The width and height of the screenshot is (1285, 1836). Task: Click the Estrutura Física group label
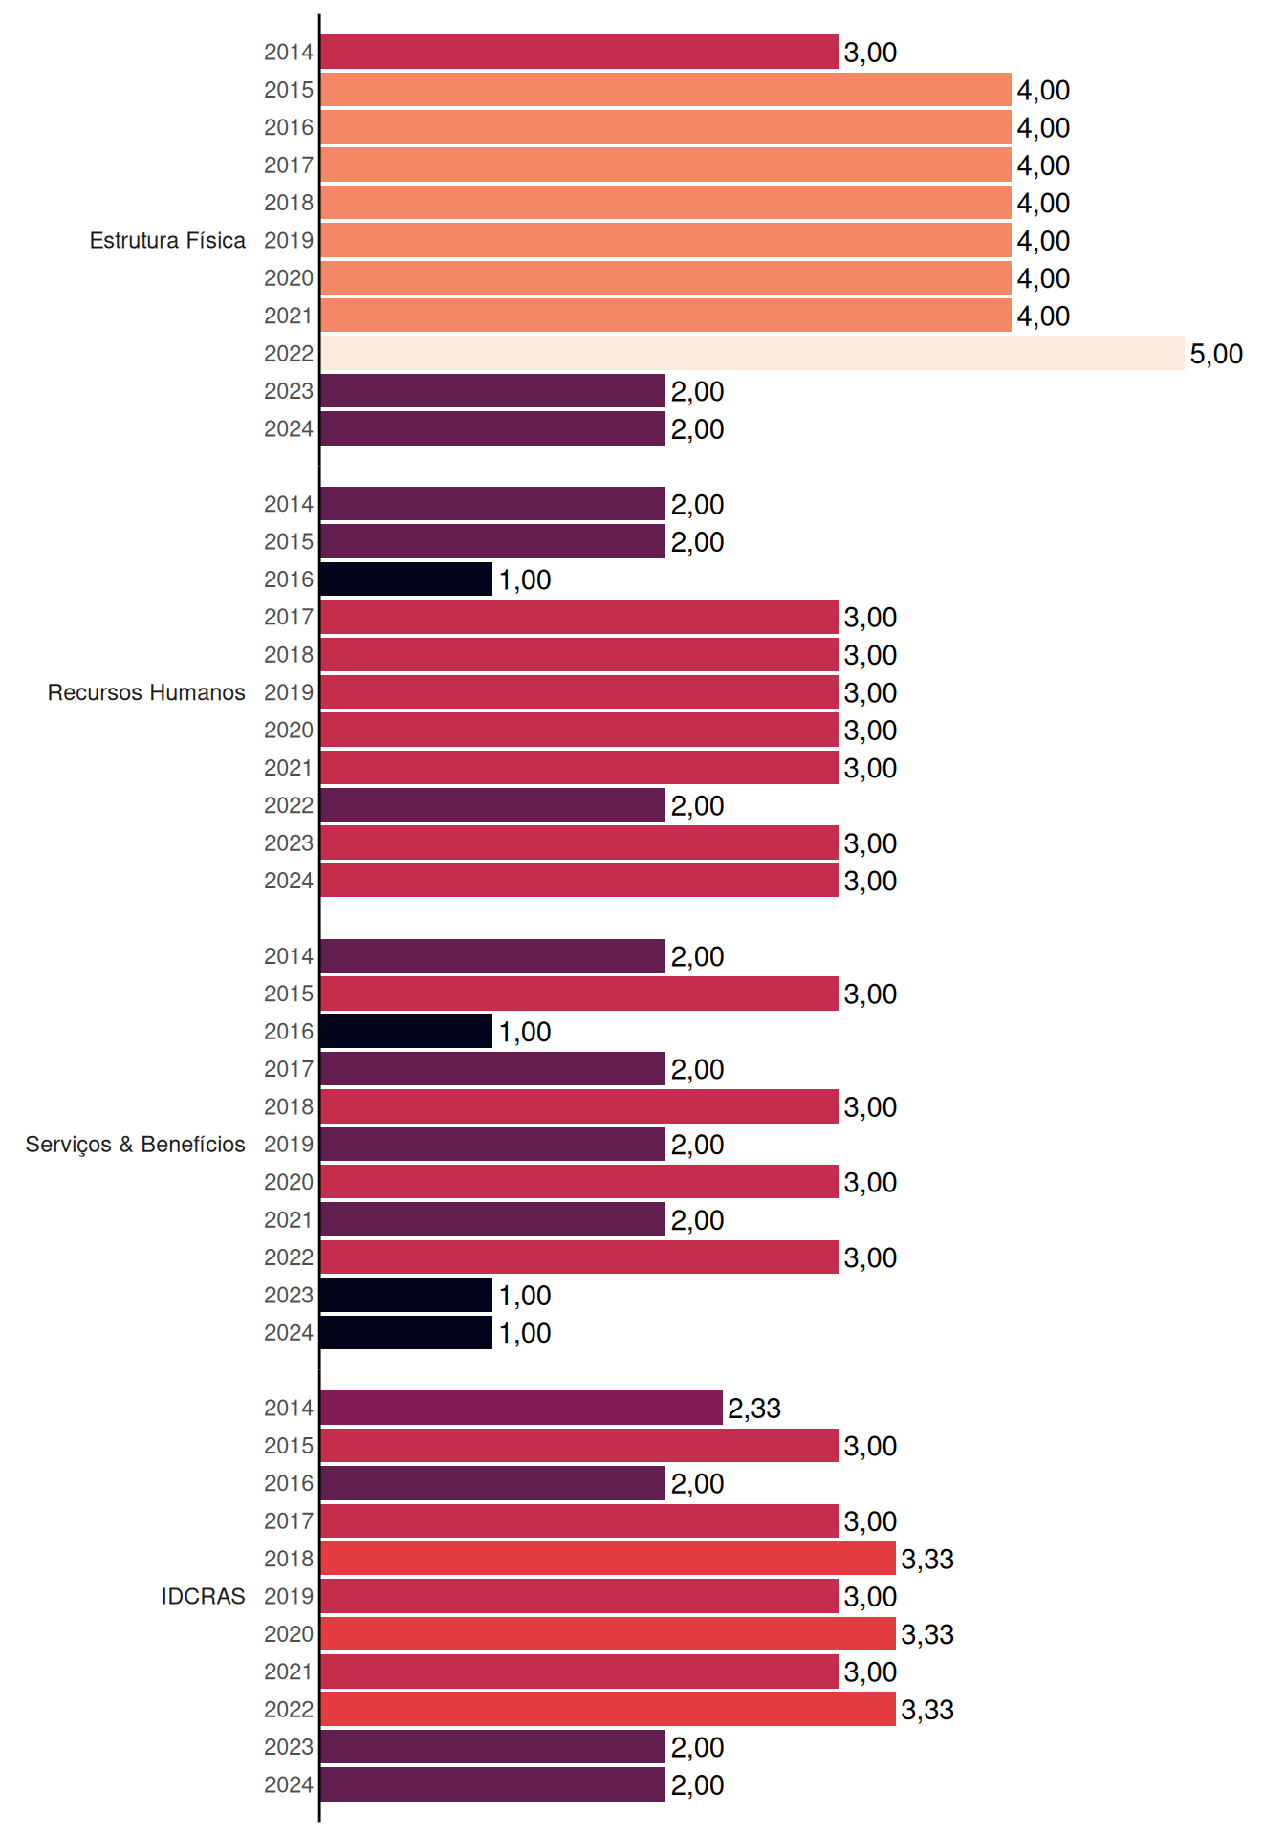[x=167, y=240]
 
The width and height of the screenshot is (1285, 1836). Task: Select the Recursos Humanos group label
[x=146, y=692]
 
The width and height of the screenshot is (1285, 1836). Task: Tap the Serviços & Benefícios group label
[x=135, y=1145]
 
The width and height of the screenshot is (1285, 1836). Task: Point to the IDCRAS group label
[x=203, y=1596]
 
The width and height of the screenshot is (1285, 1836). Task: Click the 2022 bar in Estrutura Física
[x=752, y=353]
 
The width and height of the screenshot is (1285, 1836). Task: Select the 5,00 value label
[x=1216, y=354]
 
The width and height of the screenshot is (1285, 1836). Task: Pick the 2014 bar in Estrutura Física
[x=579, y=52]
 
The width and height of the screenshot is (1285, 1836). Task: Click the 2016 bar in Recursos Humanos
[x=406, y=579]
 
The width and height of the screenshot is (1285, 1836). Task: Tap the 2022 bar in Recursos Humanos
[x=493, y=805]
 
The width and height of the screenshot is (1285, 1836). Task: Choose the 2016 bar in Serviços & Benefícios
[x=406, y=1031]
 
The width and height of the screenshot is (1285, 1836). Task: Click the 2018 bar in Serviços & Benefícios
[x=579, y=1106]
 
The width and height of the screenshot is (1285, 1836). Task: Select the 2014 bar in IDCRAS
[x=522, y=1408]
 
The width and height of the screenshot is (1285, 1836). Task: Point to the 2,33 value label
[x=754, y=1409]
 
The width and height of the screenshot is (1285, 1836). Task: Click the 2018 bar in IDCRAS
[x=608, y=1559]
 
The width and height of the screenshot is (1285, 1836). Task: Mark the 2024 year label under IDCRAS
[x=289, y=1784]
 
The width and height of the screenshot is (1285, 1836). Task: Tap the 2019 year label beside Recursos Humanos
[x=289, y=692]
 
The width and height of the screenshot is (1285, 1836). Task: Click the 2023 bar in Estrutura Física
[x=493, y=391]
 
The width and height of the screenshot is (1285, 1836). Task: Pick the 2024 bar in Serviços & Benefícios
[x=406, y=1332]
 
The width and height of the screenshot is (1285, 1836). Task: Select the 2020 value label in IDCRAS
[x=927, y=1634]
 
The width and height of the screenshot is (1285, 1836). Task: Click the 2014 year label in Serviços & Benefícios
[x=289, y=956]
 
